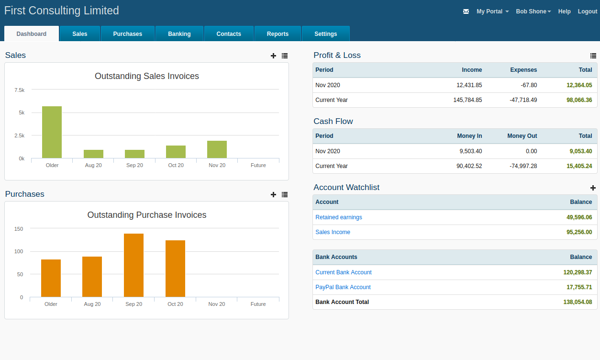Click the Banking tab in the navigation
click(x=179, y=34)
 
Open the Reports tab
click(x=278, y=34)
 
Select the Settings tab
click(x=325, y=34)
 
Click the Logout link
click(x=587, y=11)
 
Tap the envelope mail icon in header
click(x=466, y=11)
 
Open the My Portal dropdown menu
click(x=492, y=11)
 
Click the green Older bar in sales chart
click(x=52, y=132)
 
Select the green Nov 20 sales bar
click(x=217, y=149)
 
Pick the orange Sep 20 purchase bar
click(x=133, y=265)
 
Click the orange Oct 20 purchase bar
click(x=175, y=269)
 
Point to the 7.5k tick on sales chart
click(x=20, y=90)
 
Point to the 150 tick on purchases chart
click(x=19, y=229)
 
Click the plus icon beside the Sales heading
click(x=273, y=56)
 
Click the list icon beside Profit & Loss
click(x=593, y=56)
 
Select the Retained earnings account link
click(x=338, y=217)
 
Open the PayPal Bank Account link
click(x=343, y=287)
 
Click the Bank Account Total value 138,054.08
click(x=578, y=302)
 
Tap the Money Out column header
click(x=522, y=136)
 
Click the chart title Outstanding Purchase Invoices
click(x=146, y=215)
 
